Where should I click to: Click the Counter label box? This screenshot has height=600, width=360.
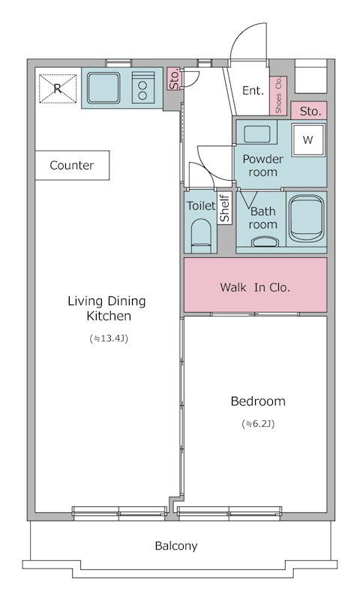click(72, 165)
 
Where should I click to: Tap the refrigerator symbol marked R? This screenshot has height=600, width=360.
click(58, 88)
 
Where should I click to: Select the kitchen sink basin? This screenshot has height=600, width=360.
click(103, 88)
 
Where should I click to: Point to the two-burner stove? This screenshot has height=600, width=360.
click(142, 88)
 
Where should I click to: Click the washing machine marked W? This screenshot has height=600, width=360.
click(308, 140)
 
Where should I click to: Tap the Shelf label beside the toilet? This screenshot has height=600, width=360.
click(224, 208)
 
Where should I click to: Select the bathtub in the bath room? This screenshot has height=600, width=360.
click(306, 219)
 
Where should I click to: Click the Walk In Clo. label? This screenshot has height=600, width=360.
click(255, 287)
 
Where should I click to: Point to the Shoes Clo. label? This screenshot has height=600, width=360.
click(278, 95)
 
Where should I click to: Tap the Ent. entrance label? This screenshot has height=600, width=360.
click(253, 91)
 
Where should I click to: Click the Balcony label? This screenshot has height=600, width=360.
click(176, 546)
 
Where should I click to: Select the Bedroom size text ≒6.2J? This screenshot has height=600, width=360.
click(258, 424)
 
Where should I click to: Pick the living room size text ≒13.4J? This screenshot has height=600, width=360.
click(109, 338)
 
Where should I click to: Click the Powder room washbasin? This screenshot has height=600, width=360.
click(256, 133)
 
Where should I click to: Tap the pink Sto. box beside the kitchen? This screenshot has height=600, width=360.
click(174, 79)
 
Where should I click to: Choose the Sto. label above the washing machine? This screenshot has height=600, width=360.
click(310, 111)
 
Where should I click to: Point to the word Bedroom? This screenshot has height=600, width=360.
click(258, 401)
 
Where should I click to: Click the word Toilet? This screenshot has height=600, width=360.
click(201, 205)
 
